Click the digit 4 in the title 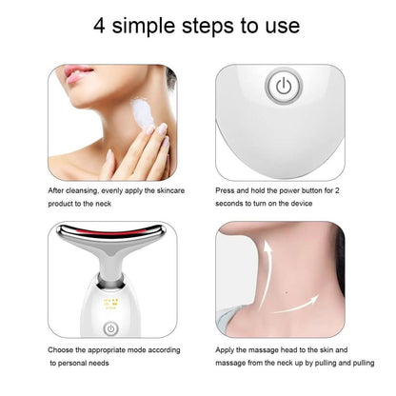101,26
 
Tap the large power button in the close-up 282,87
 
